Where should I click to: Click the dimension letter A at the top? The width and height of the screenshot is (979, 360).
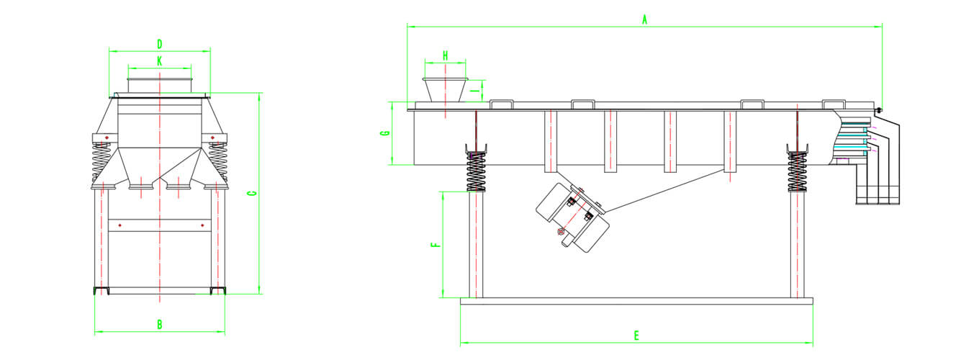(x=645, y=20)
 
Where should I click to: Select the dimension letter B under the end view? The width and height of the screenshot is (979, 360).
(x=160, y=325)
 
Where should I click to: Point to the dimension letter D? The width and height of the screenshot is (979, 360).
(x=159, y=44)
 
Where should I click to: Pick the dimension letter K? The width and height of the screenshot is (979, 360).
(x=159, y=60)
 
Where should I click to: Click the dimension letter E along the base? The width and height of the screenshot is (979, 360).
(x=636, y=336)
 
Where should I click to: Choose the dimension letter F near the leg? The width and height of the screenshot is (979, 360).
(x=434, y=245)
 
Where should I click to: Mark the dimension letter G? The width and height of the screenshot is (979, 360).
(x=386, y=133)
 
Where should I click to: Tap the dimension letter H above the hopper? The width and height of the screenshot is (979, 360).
(x=445, y=55)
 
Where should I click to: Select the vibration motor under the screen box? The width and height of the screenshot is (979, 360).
(x=572, y=217)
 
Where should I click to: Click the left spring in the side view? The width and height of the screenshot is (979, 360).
(x=476, y=171)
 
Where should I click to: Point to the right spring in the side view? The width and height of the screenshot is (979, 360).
(x=797, y=171)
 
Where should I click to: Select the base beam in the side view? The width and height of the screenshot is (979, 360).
(x=636, y=301)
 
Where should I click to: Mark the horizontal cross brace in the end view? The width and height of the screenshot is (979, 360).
(x=160, y=225)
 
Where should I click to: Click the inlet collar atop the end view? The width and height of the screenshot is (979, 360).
(x=160, y=85)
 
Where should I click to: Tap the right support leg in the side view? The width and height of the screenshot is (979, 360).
(x=797, y=245)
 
